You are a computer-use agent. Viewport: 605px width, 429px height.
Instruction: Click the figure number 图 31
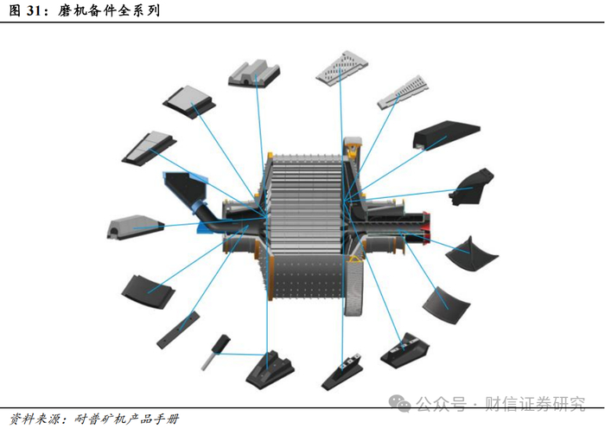tap(25, 11)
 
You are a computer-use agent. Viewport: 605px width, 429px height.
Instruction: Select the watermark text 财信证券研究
tap(535, 403)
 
